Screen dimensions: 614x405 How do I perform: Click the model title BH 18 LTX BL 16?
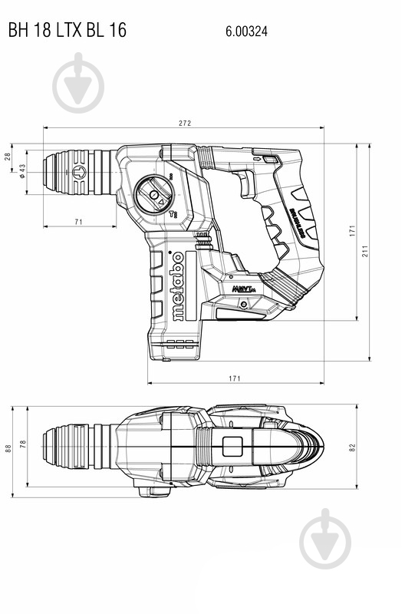(67, 30)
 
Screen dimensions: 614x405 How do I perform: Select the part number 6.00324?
(246, 31)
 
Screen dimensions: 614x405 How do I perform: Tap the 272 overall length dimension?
(184, 123)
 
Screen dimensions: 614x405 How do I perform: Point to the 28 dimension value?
(8, 157)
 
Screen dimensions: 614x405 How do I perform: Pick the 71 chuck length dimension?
(79, 222)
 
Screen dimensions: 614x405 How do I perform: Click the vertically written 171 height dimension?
(353, 229)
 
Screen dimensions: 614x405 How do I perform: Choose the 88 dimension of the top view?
(8, 448)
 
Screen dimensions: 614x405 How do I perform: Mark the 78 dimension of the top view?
(23, 444)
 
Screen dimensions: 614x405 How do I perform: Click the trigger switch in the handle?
(247, 184)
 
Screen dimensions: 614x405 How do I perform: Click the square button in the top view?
(232, 447)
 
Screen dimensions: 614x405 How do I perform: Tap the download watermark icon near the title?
(78, 83)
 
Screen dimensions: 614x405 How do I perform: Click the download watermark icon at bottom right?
(324, 538)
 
